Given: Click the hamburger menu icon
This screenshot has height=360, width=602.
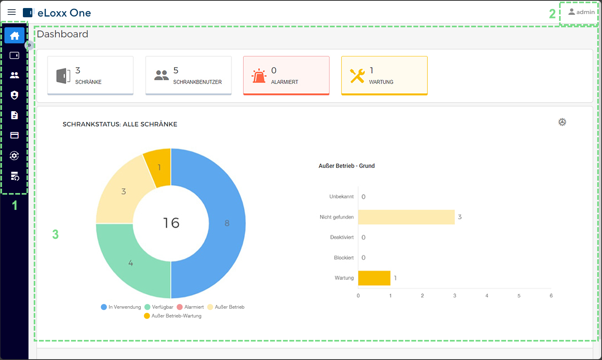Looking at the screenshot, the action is [12, 12].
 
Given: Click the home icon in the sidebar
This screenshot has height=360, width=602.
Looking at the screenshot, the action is [14, 35].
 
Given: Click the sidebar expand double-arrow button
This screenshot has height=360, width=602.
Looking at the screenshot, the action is [29, 45].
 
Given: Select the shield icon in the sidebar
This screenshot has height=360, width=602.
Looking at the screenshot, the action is [14, 95].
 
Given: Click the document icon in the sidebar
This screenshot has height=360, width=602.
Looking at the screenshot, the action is [14, 115].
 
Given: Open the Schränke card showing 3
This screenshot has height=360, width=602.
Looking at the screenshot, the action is [90, 75].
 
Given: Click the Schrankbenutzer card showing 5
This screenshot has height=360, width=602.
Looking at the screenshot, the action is [188, 75].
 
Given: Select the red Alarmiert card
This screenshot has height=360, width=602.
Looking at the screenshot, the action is [286, 75].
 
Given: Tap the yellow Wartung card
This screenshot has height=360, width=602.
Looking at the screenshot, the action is [384, 75].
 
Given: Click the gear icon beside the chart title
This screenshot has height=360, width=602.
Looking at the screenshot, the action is [562, 122].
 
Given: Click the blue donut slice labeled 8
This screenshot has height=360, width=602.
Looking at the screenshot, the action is [227, 223].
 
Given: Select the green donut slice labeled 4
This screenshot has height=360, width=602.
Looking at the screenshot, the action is [130, 263].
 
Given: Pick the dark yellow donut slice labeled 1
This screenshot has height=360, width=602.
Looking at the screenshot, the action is [159, 167].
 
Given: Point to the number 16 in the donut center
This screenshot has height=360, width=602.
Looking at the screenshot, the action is [171, 223].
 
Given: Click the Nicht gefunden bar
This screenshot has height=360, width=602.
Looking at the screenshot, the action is [406, 217].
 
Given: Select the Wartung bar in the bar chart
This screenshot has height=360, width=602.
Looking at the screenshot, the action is [374, 278].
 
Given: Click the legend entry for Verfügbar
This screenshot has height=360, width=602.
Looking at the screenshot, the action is [159, 307].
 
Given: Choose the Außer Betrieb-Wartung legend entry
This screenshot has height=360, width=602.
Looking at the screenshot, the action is [173, 316].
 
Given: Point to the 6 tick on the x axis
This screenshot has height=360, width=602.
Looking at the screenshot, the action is [551, 296].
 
